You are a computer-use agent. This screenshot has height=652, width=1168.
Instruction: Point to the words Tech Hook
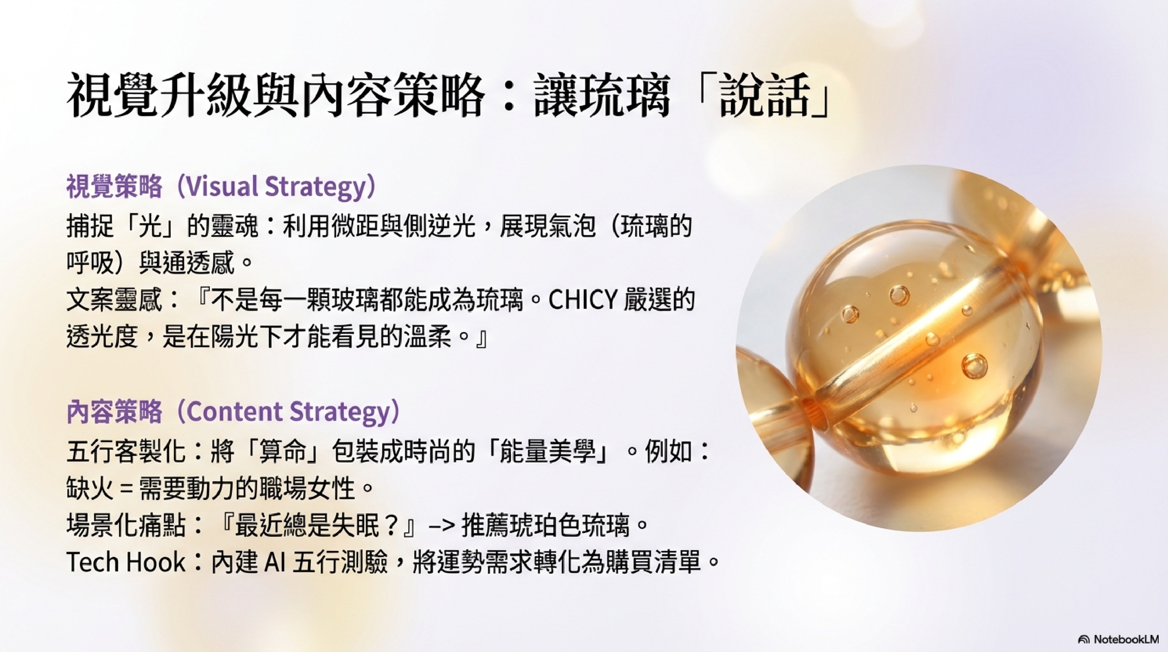pos(126,562)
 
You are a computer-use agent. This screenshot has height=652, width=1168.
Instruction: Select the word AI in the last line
pos(273,562)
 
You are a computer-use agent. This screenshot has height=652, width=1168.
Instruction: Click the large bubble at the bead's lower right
pos(974,366)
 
